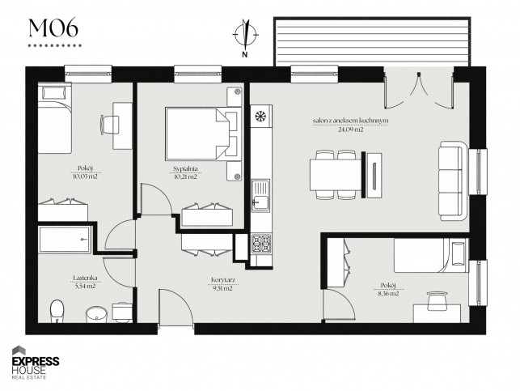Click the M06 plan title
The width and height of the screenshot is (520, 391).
(53, 28)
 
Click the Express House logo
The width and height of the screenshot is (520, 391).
(36, 363)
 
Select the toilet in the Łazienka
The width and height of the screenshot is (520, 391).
(57, 311)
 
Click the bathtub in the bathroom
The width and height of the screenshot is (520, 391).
(65, 240)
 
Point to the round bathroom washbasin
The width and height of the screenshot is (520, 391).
(96, 314)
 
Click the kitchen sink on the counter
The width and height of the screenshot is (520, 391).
(260, 196)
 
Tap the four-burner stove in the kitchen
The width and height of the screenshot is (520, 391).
(261, 244)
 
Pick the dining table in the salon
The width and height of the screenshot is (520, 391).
(335, 175)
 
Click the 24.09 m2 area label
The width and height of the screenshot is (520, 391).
(350, 130)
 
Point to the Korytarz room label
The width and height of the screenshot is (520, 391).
(223, 280)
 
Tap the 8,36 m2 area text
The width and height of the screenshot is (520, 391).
(389, 294)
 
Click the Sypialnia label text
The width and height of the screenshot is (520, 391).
(186, 168)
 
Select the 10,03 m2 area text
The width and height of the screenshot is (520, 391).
(86, 176)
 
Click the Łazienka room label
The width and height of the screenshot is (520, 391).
(86, 278)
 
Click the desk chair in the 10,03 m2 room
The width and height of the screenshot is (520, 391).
(109, 125)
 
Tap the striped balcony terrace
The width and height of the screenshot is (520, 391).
(372, 41)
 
